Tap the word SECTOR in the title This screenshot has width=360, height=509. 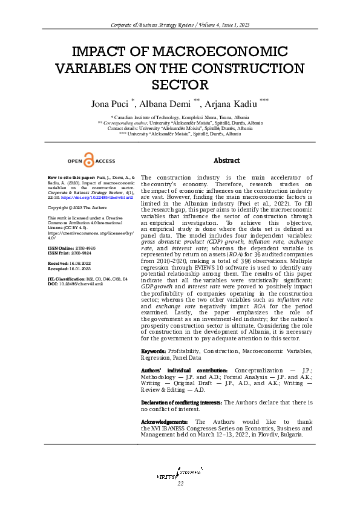[180, 85]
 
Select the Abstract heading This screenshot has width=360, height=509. [227, 161]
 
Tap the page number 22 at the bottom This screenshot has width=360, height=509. [180, 484]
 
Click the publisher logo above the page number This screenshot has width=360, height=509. [180, 472]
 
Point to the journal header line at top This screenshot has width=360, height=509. [180, 24]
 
